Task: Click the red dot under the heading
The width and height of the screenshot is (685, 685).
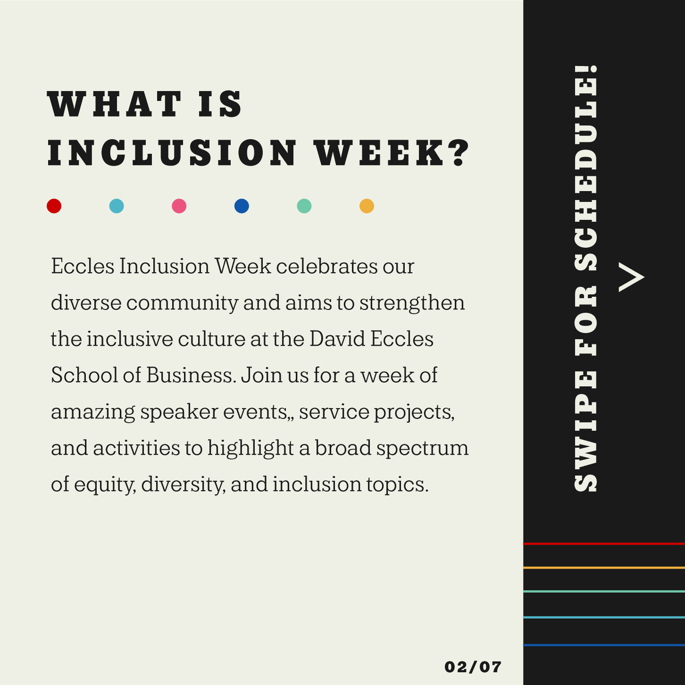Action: click(x=54, y=206)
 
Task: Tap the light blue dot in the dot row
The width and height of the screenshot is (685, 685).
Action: click(x=117, y=206)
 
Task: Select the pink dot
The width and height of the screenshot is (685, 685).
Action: click(x=179, y=206)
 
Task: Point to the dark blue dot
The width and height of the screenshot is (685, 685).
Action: click(x=242, y=206)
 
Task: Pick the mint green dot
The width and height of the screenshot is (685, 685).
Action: click(x=304, y=206)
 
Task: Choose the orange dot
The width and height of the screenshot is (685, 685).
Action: click(x=367, y=206)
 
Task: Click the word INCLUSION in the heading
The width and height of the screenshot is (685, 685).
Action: click(x=172, y=153)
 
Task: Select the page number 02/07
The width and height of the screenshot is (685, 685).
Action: click(x=473, y=667)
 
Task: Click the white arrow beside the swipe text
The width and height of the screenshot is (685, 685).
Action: click(x=631, y=277)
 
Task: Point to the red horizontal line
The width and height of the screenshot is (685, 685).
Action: click(x=604, y=543)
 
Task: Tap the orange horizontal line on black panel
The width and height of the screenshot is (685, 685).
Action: click(x=604, y=568)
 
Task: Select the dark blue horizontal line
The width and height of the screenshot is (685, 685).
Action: click(x=604, y=645)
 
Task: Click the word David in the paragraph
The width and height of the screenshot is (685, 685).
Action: click(x=337, y=339)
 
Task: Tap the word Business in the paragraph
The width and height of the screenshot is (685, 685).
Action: click(x=191, y=375)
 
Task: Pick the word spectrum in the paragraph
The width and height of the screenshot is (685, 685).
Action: click(x=422, y=448)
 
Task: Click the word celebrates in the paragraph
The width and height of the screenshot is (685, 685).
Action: click(x=326, y=266)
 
